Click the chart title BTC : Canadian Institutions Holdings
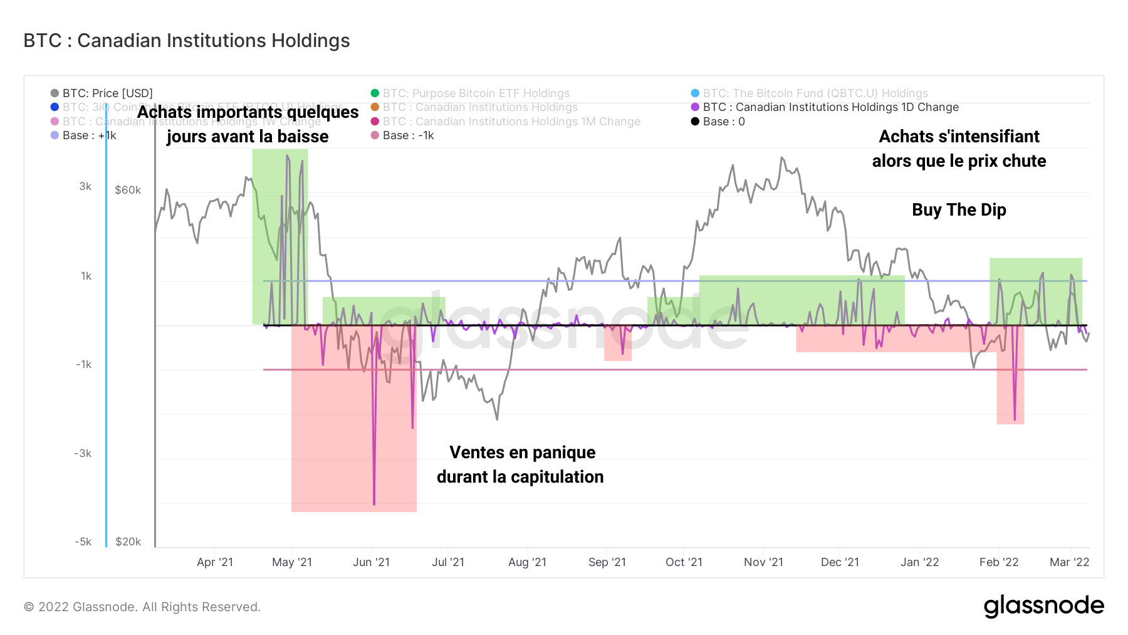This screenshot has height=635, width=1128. (186, 41)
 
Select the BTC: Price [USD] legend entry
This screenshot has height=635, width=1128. (107, 93)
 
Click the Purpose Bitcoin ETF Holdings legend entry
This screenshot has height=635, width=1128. (476, 93)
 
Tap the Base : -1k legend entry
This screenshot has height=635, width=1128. (408, 135)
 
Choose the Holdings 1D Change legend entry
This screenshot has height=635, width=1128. (830, 107)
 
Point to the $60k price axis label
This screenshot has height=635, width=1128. (128, 190)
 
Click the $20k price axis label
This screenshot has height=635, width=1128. (128, 542)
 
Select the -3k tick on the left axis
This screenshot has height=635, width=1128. (83, 453)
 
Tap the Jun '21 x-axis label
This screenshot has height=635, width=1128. (371, 562)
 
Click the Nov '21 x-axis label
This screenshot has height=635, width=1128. (763, 562)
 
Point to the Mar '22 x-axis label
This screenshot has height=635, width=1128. (1069, 562)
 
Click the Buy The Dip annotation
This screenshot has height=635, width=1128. (958, 210)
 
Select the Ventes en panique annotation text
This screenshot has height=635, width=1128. (522, 453)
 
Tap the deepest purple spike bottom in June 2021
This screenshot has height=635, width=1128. (374, 503)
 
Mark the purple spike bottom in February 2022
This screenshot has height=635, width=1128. (1015, 419)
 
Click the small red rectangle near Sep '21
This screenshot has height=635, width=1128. (617, 348)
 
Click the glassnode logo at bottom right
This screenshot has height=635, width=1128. (1043, 606)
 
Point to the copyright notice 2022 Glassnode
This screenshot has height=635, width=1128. (142, 607)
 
